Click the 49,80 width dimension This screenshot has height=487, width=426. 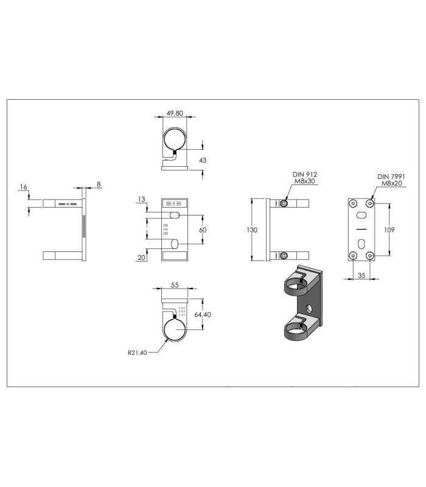pos(175,113)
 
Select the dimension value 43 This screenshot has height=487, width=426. pos(203,160)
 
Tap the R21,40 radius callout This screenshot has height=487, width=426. pos(138,352)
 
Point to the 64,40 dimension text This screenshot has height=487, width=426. pos(203,315)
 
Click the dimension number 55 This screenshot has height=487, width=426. pos(175,285)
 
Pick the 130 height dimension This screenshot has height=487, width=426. pos(252,230)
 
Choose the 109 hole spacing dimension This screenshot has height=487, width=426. pos(389,229)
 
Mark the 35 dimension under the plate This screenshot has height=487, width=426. pos(361,275)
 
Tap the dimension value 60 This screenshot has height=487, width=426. pos(203,230)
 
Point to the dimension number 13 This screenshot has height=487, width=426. pos(141,199)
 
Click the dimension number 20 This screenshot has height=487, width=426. pos(141,258)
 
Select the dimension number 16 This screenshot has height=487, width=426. pos(23,187)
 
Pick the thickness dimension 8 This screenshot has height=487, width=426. pos(99,184)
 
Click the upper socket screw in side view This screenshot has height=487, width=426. pos(284,203)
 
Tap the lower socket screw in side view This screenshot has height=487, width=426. pos(284,256)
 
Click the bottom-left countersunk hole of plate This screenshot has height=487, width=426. pos(353,256)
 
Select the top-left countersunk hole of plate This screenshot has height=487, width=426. pos(353,204)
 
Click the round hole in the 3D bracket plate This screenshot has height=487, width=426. pos(309,309)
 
